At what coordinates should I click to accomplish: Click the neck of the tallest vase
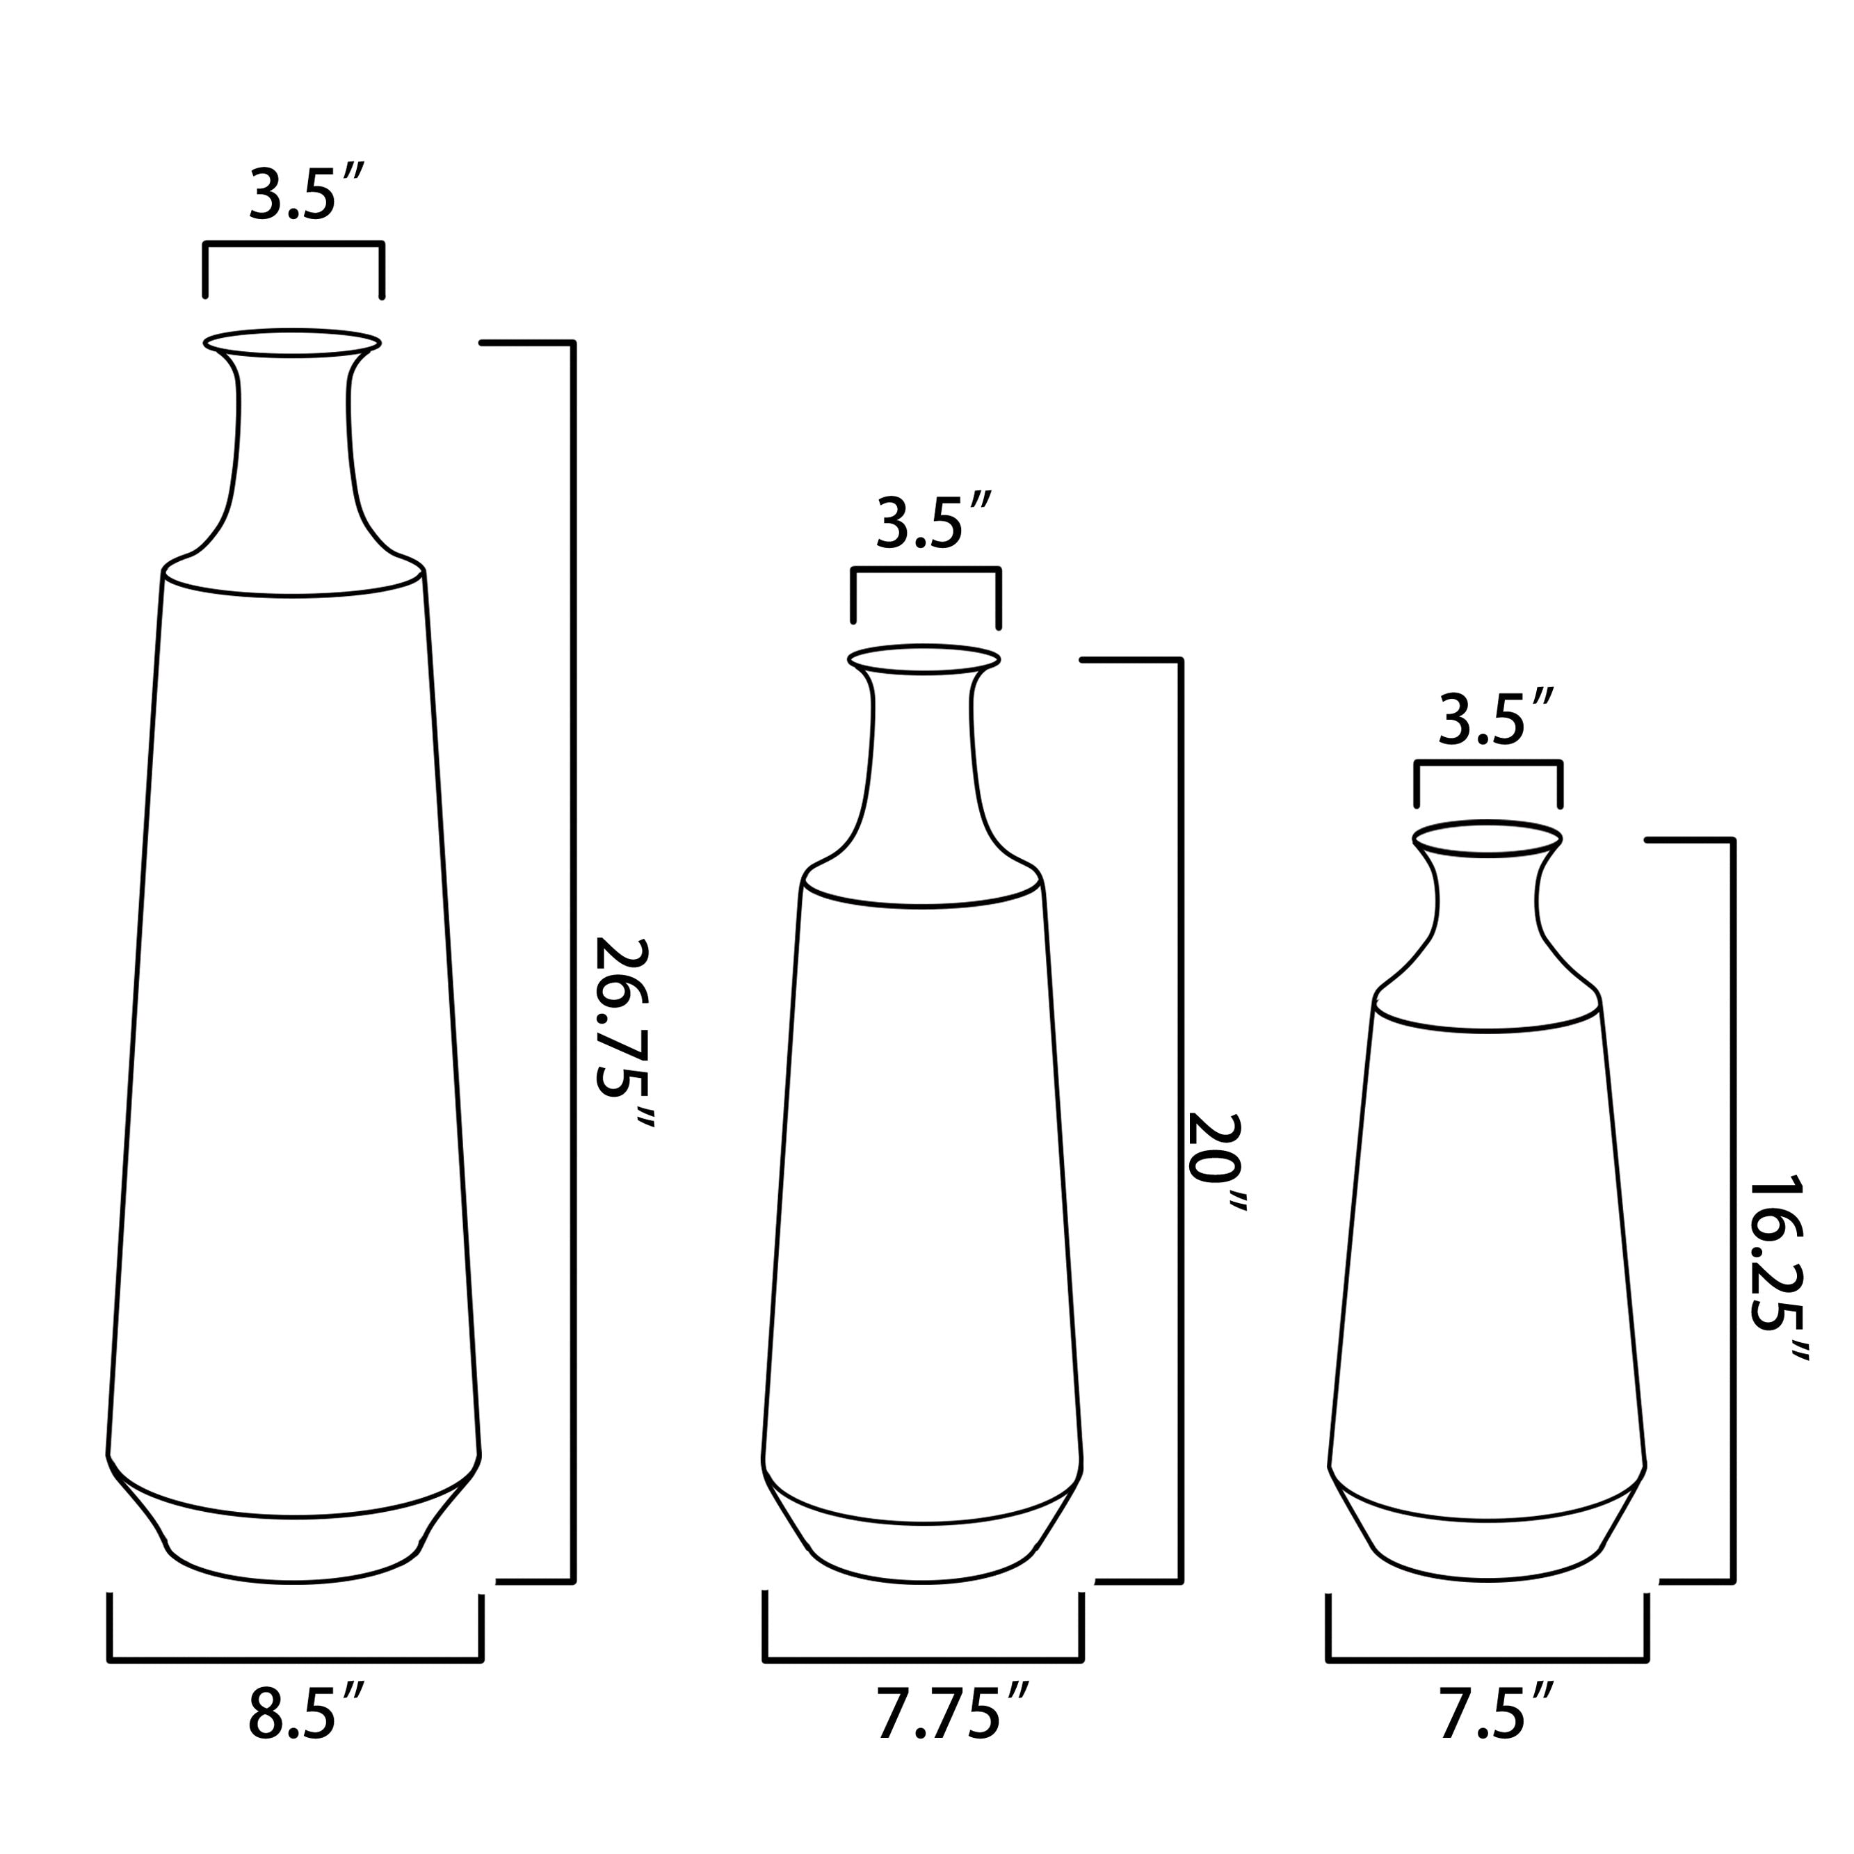coord(293,451)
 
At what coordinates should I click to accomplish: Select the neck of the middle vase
coord(923,768)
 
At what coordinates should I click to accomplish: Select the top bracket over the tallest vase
coord(293,245)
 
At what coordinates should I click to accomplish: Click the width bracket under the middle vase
coord(923,1658)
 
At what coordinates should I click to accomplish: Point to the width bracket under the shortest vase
coord(1488,1658)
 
